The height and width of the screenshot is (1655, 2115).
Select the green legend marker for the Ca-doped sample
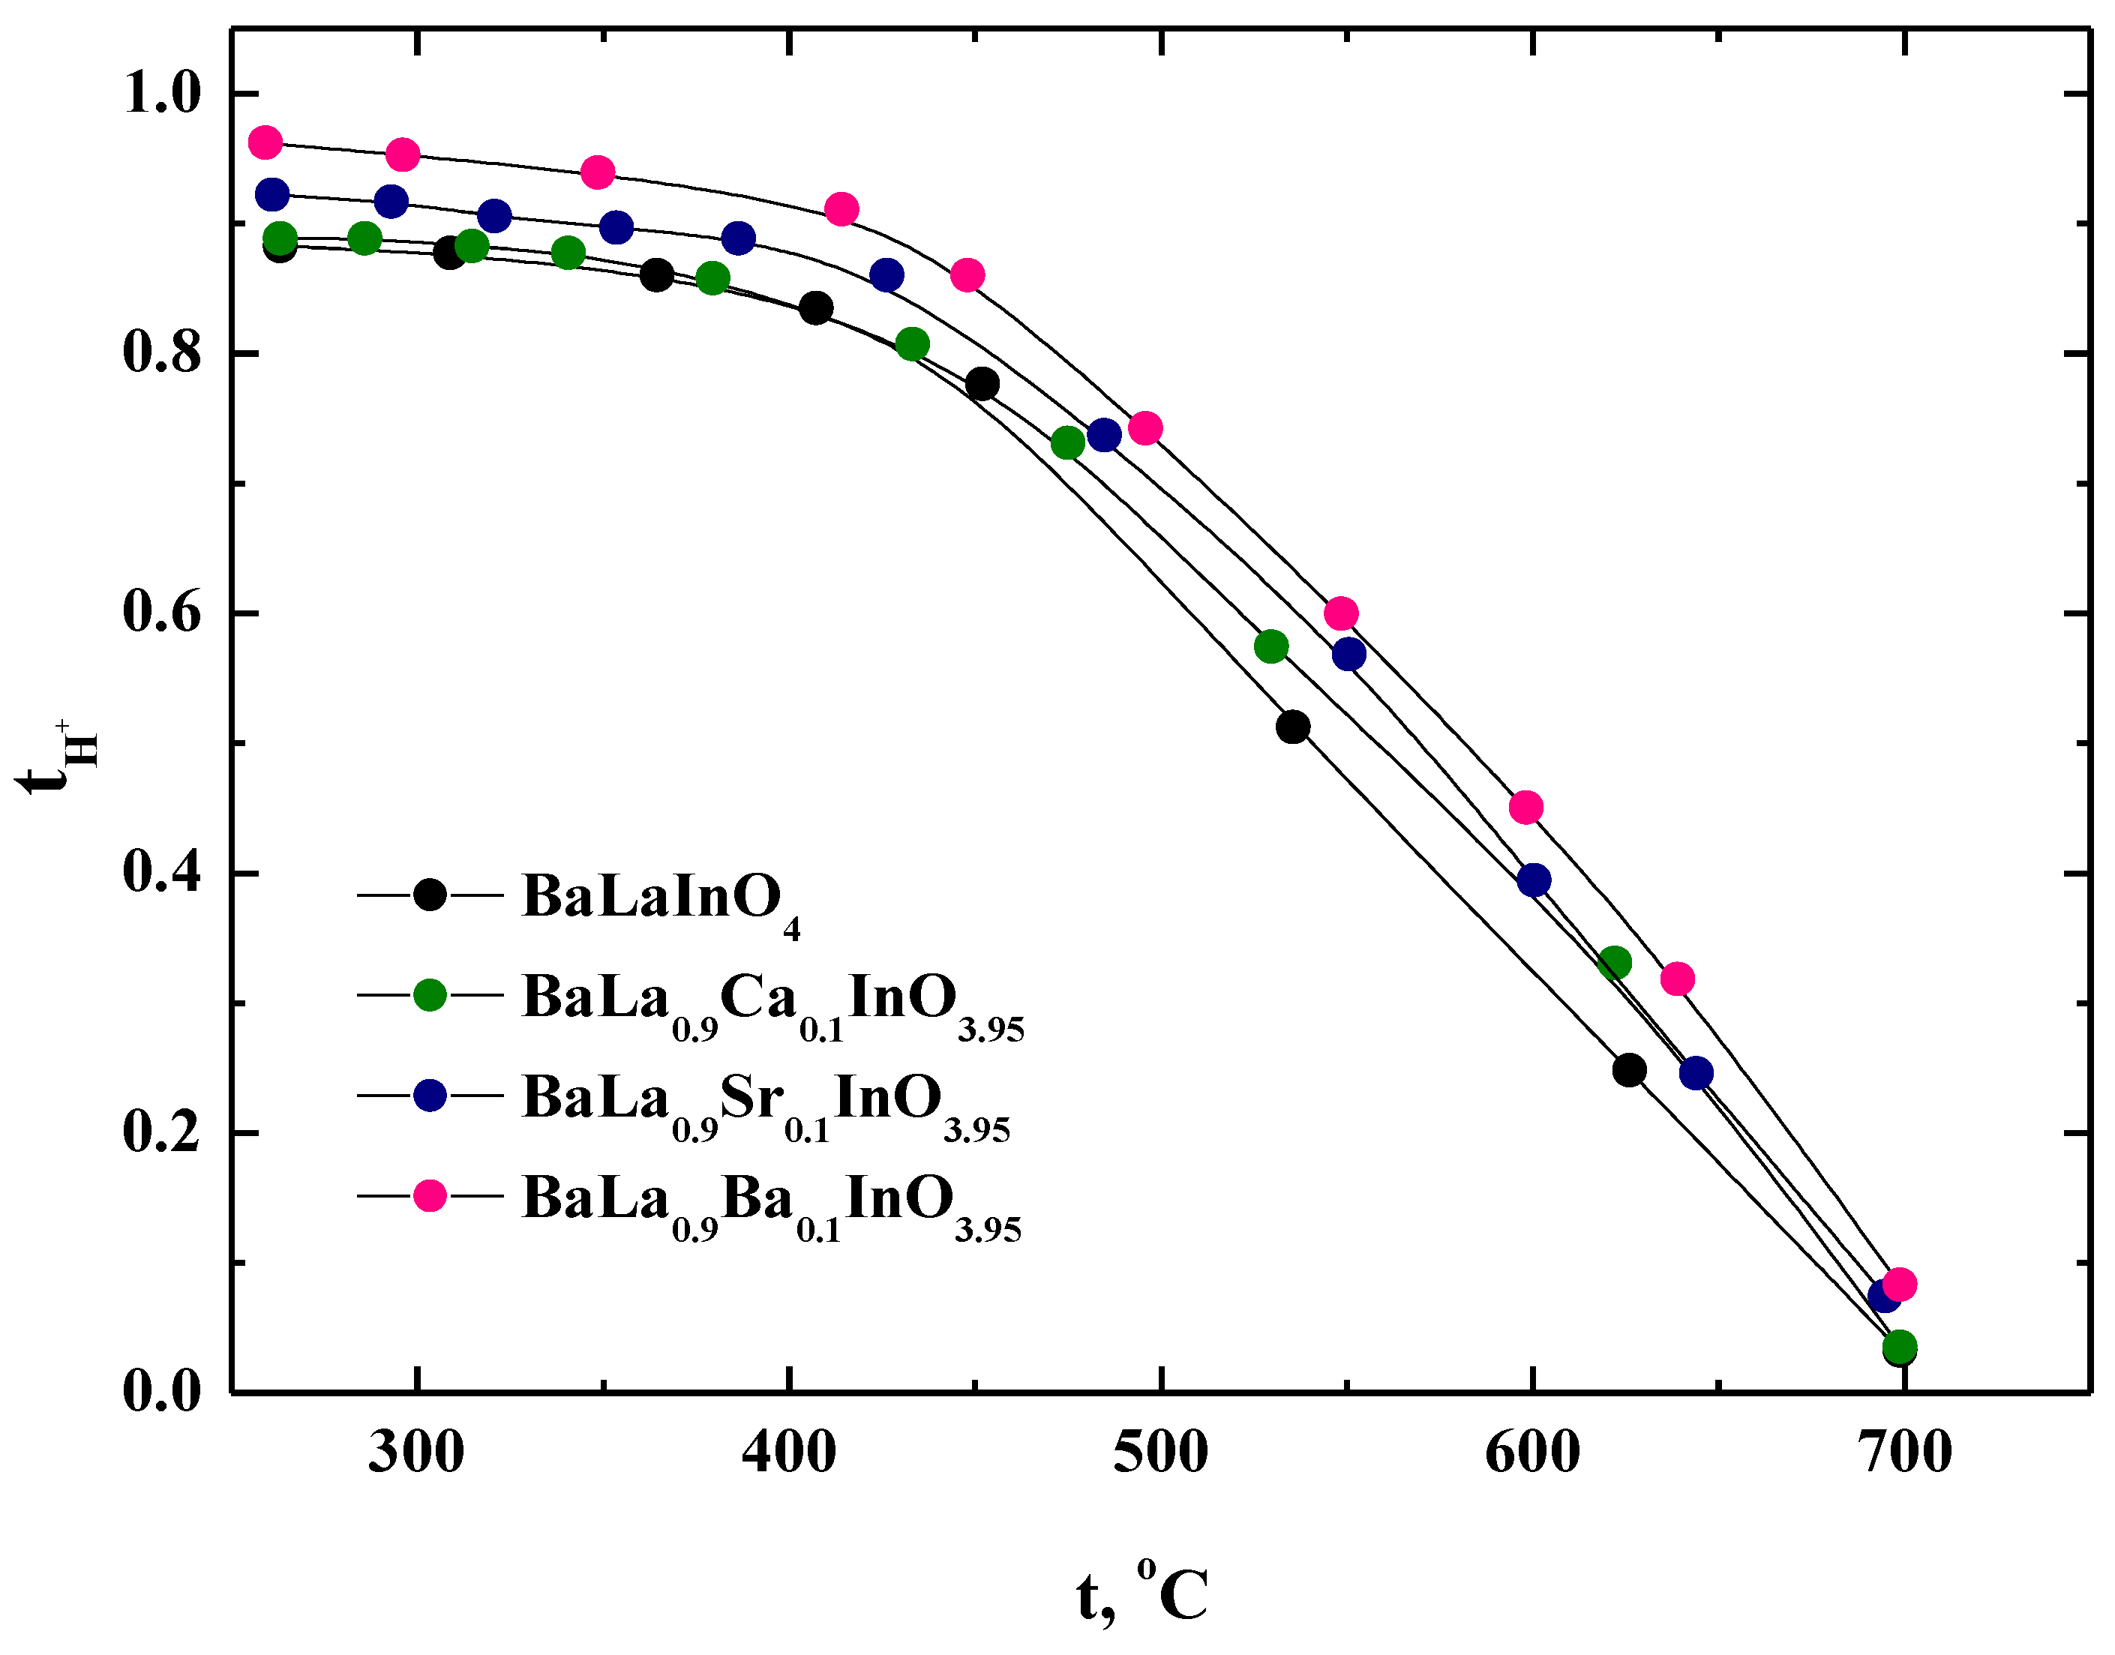(x=429, y=995)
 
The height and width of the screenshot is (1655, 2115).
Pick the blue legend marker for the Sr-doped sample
(x=429, y=1095)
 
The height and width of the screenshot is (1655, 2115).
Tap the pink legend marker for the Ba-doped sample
(x=429, y=1196)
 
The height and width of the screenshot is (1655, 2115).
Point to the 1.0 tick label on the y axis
(x=162, y=93)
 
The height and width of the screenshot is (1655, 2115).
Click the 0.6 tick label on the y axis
(x=162, y=613)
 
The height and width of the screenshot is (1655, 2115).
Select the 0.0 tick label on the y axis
(x=162, y=1392)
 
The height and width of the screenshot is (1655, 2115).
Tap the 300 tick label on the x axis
(x=416, y=1453)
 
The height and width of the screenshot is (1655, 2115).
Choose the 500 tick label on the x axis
(x=1159, y=1453)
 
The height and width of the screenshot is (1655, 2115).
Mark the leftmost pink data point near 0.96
(x=265, y=142)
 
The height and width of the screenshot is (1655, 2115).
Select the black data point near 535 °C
(x=1292, y=727)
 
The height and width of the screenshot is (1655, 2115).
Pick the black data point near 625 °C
(x=1630, y=1071)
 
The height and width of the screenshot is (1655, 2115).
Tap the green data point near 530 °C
(x=1271, y=646)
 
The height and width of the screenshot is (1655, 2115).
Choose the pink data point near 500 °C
(x=1145, y=428)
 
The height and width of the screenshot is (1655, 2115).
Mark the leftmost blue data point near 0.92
(x=272, y=195)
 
